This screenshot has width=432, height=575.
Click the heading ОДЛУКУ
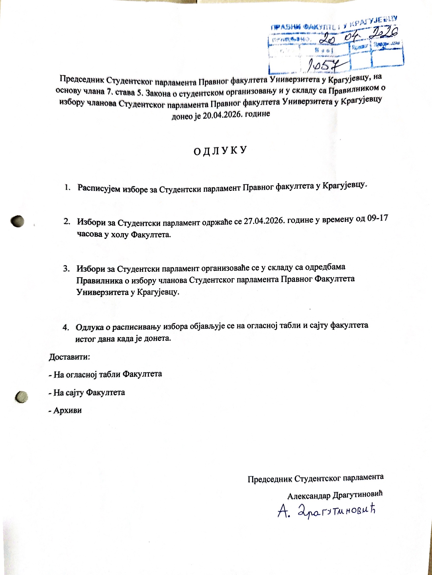220,151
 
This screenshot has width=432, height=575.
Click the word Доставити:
70,357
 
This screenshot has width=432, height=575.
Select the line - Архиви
65,410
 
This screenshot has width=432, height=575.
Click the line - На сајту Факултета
87,392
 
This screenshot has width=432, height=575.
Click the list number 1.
68,187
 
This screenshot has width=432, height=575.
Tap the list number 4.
66,327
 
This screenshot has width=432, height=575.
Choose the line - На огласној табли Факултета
106,374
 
